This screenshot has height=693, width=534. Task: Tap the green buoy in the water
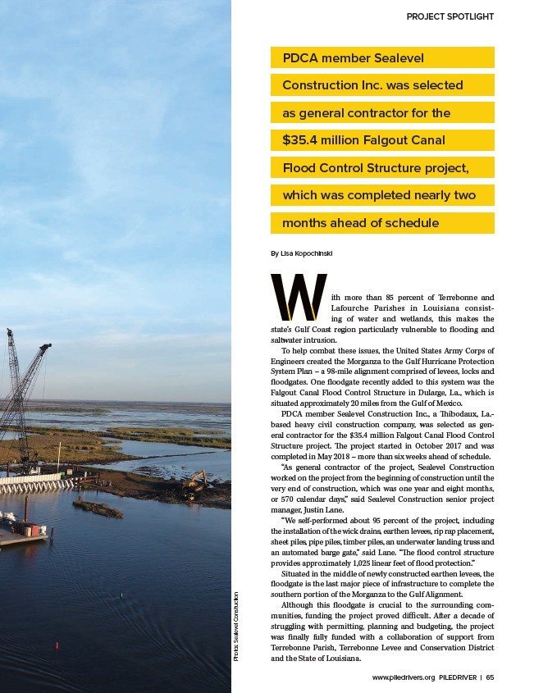tap(121, 594)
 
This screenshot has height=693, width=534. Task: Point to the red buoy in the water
tap(57, 646)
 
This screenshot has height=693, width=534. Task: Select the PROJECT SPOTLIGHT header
tap(450, 16)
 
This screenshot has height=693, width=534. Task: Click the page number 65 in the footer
tap(490, 677)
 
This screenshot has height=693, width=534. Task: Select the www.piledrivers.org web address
tap(403, 677)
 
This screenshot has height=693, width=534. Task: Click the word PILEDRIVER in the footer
tap(457, 677)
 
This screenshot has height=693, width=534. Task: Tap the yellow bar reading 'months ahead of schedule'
tap(382, 223)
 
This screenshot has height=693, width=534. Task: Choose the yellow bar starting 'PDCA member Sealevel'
tap(382, 57)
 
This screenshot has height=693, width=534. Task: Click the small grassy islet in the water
tap(97, 508)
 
